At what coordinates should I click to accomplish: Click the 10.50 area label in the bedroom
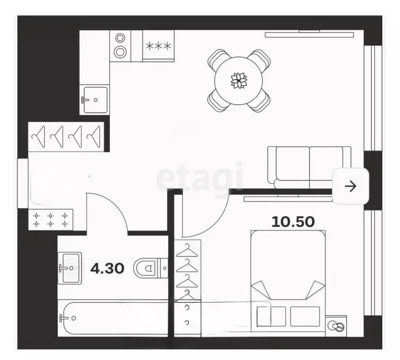pos(293,222)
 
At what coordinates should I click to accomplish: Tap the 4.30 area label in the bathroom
pos(107,268)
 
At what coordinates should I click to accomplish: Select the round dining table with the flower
pos(238,81)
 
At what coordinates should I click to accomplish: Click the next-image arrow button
pos(351,186)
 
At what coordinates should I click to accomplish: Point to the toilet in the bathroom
pos(151,268)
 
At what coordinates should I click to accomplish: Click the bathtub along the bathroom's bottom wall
pos(113,318)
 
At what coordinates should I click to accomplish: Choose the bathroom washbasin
pos(70,268)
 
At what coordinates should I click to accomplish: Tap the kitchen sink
pos(95,100)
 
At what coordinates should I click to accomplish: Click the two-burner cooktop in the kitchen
pos(120,46)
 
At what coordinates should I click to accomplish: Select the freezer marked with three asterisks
pos(158,46)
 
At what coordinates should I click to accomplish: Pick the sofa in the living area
pos(309,167)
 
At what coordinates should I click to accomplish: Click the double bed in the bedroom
pos(288,281)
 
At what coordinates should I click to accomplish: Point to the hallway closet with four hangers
pos(66,137)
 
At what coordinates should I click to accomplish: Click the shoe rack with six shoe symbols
pos(51,219)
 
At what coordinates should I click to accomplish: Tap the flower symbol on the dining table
pos(239,81)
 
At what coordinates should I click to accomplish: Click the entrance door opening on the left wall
pos(22,183)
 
